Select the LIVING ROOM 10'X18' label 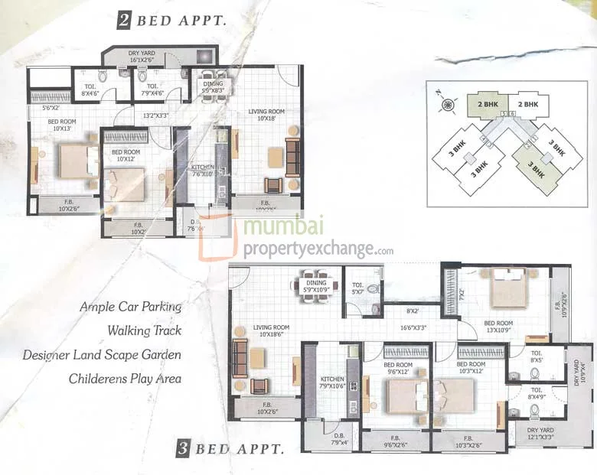266,115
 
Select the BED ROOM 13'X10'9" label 498,327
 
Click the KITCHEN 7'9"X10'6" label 332,382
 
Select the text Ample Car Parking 131,307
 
